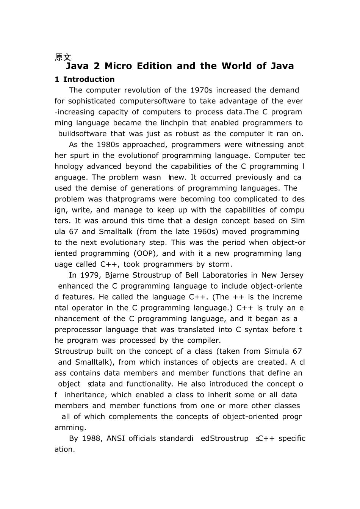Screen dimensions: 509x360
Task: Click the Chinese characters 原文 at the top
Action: [x=63, y=57]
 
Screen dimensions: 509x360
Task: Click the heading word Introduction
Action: [x=89, y=80]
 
